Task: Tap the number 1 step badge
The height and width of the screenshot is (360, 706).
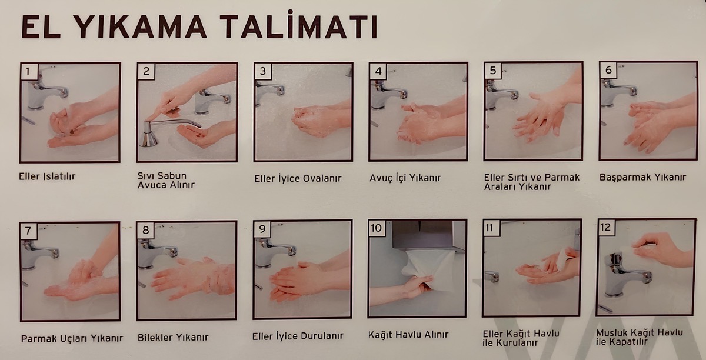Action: click(29, 72)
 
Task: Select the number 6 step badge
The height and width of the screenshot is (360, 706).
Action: click(608, 71)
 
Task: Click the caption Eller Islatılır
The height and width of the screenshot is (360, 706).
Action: click(47, 176)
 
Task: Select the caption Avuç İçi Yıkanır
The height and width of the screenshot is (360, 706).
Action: click(405, 177)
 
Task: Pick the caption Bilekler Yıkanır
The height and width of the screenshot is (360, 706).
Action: click(173, 338)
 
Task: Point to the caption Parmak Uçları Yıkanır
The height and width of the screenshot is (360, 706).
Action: click(72, 338)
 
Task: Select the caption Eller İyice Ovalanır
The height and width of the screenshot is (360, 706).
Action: click(298, 178)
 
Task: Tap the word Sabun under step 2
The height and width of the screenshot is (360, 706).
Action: click(165, 176)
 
